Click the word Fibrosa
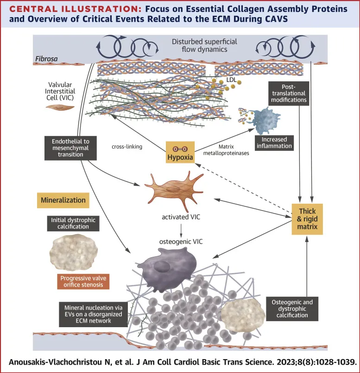coord(46,59)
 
